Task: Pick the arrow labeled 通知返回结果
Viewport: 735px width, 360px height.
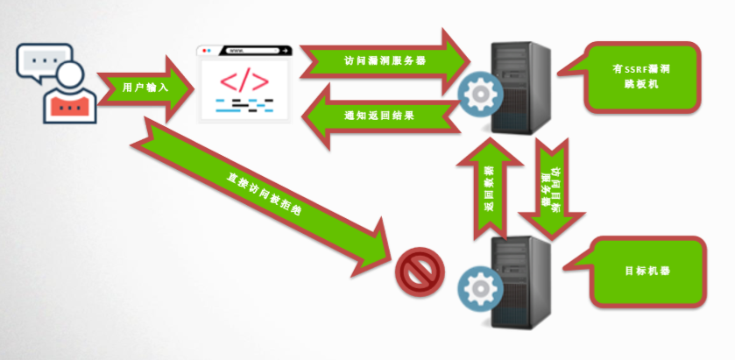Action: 378,115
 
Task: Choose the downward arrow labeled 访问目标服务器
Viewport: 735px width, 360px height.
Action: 553,188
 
